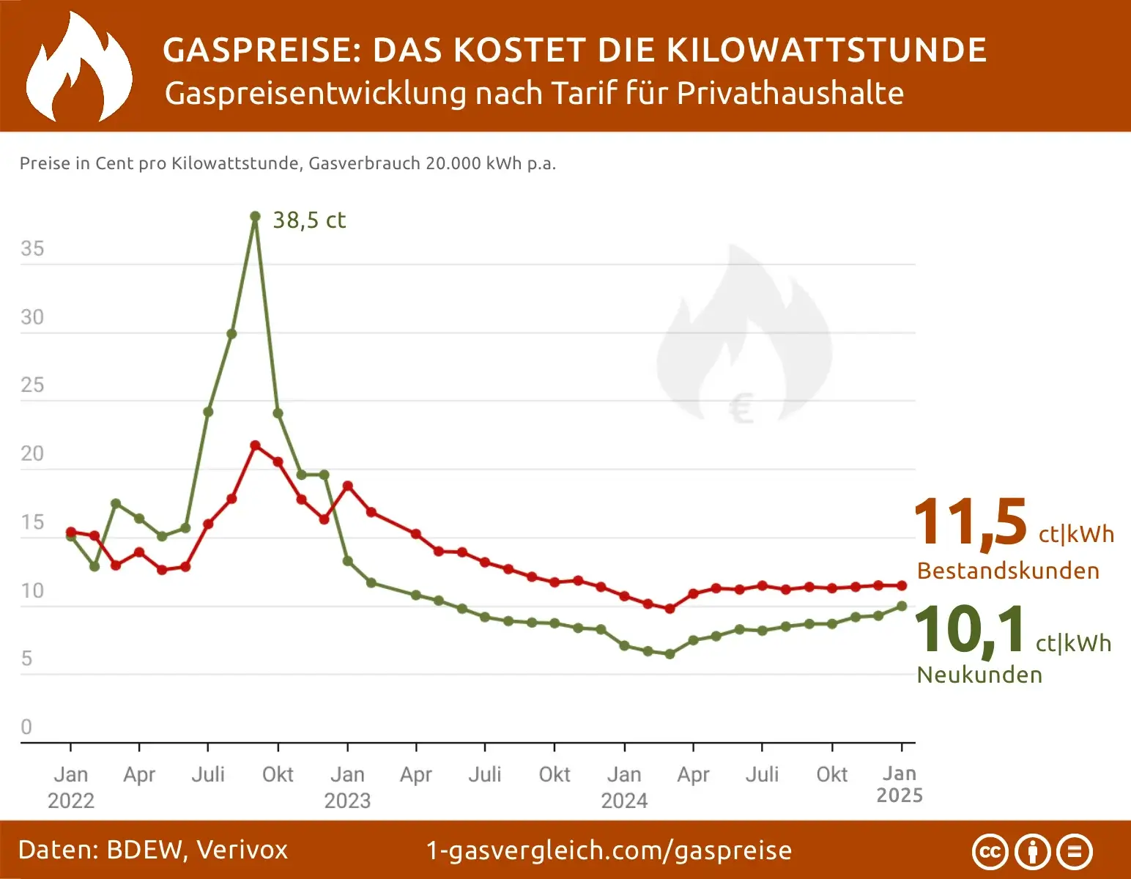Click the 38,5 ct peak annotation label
[x=308, y=220]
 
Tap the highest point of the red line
[x=255, y=445]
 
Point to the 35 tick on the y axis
[x=32, y=249]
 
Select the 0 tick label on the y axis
[x=26, y=727]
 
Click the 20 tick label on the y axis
[x=32, y=454]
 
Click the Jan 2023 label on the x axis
[x=347, y=787]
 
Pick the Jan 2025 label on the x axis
[x=900, y=785]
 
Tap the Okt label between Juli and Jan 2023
[x=278, y=774]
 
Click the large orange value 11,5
[x=971, y=523]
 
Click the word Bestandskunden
[x=1008, y=571]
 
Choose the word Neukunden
[x=979, y=675]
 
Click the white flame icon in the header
[x=79, y=67]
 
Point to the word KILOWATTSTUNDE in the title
[x=827, y=51]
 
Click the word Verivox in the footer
[x=242, y=850]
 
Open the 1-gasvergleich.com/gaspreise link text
[x=609, y=850]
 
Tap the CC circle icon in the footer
[x=990, y=852]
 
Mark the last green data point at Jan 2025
[x=902, y=606]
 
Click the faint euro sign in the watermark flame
[x=741, y=408]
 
